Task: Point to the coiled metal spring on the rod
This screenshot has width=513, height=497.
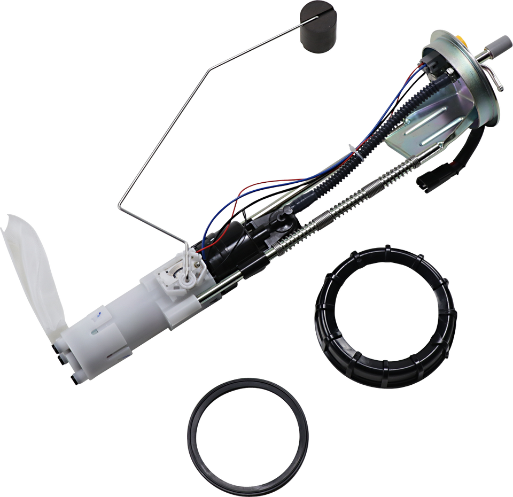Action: pyautogui.click(x=342, y=204)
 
